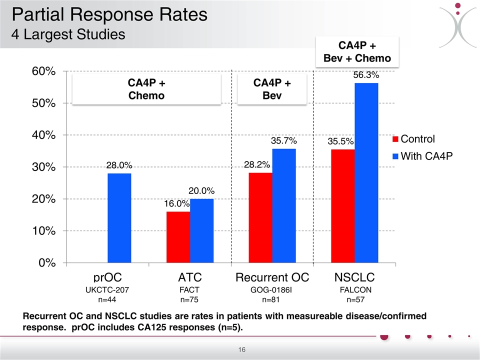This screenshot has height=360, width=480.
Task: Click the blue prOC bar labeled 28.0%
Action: pyautogui.click(x=119, y=218)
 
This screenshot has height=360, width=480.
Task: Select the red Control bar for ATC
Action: pyautogui.click(x=178, y=237)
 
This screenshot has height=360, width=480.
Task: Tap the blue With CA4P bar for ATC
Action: pyautogui.click(x=201, y=230)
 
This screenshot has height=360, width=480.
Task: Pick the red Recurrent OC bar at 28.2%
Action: pyautogui.click(x=260, y=217)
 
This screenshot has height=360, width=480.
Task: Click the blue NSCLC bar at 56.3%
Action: pyautogui.click(x=366, y=172)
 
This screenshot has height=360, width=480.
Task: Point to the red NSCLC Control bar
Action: pyautogui.click(x=343, y=205)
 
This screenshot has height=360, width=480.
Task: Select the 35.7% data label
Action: pyautogui.click(x=283, y=141)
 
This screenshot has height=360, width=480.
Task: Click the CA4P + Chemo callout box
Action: pyautogui.click(x=146, y=89)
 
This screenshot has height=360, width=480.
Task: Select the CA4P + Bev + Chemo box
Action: pyautogui.click(x=357, y=52)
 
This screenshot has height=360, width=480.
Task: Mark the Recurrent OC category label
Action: pyautogui.click(x=272, y=277)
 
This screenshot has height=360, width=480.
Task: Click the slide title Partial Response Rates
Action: pyautogui.click(x=109, y=14)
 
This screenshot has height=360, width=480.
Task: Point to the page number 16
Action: pyautogui.click(x=240, y=349)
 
